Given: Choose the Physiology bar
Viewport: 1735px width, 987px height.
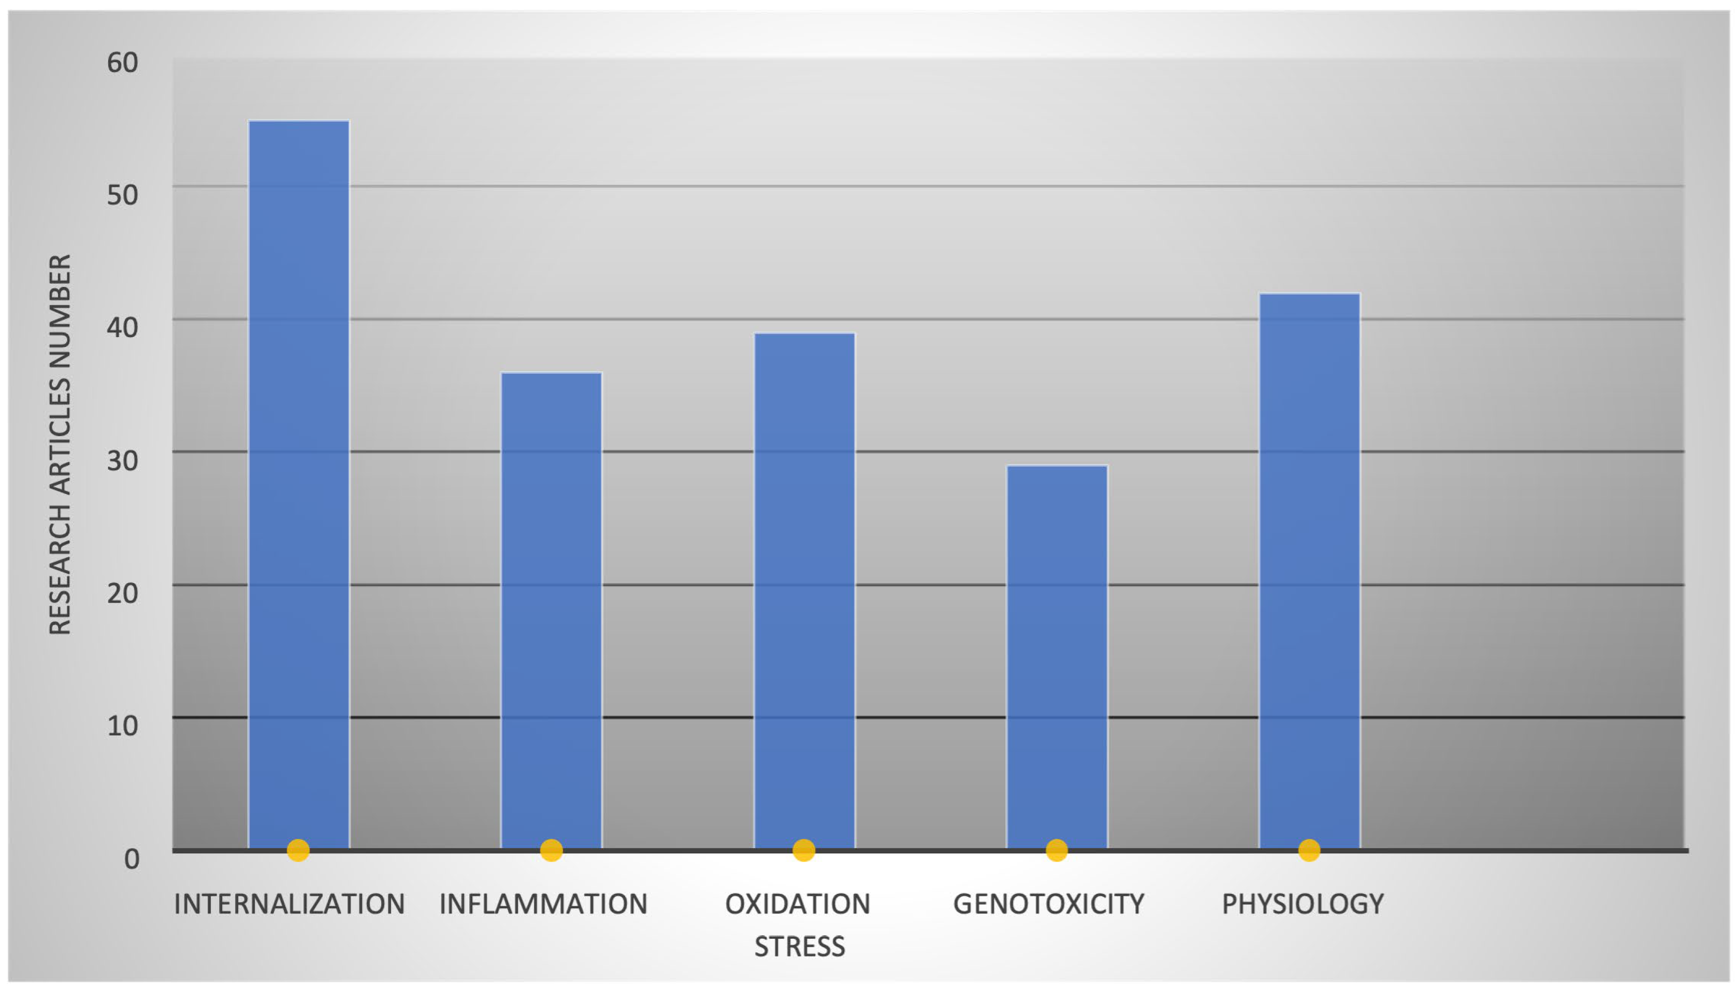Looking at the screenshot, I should pyautogui.click(x=1309, y=570).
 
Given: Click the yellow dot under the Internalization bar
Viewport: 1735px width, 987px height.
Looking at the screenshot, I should pyautogui.click(x=298, y=850).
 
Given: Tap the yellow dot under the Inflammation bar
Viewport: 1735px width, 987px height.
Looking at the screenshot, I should pyautogui.click(x=551, y=850).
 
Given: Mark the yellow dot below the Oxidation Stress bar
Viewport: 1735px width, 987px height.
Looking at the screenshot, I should pyautogui.click(x=803, y=850).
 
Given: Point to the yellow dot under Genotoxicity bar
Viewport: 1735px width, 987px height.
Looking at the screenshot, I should pyautogui.click(x=1057, y=850).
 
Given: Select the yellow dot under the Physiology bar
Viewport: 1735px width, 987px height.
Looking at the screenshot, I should pyautogui.click(x=1309, y=850).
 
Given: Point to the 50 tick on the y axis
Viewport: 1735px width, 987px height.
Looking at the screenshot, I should pyautogui.click(x=123, y=195).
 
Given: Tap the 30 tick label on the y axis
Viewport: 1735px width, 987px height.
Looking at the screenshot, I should pyautogui.click(x=123, y=461).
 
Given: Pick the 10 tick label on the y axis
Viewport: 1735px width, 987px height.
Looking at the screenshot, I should pyautogui.click(x=123, y=726).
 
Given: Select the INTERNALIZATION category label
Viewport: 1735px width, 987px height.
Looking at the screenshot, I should pyautogui.click(x=290, y=904).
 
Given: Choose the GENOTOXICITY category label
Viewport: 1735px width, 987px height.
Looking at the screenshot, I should pyautogui.click(x=1049, y=904).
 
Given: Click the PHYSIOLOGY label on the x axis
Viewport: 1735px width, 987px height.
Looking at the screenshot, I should pyautogui.click(x=1303, y=904).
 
